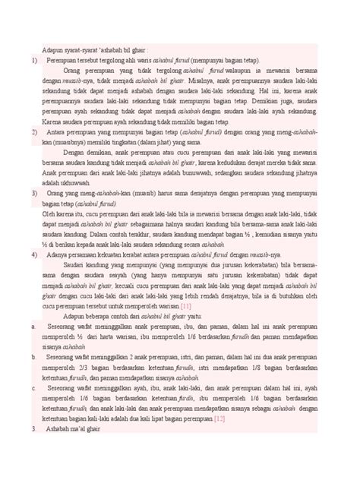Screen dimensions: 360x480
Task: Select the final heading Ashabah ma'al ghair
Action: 79,430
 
